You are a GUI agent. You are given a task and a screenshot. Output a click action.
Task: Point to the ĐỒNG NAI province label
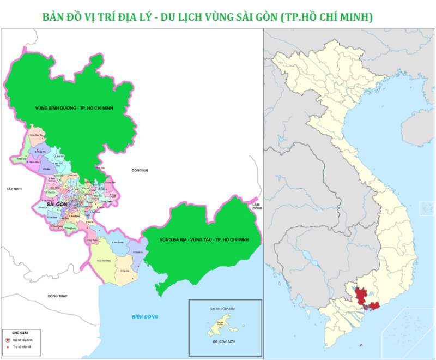140,171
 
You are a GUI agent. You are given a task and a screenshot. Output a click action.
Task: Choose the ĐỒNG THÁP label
57,296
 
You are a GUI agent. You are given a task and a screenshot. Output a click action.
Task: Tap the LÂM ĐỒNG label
257,206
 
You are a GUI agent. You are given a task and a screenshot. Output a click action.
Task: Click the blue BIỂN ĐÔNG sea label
144,317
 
